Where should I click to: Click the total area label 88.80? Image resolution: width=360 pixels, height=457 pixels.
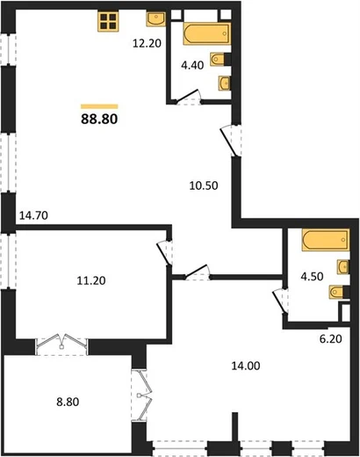pos(99,119)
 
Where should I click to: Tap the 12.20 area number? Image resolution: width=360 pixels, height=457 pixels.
pos(147,43)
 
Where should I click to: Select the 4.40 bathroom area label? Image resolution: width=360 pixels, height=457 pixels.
pos(192,65)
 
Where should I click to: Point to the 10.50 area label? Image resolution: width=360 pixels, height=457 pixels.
pos(204,185)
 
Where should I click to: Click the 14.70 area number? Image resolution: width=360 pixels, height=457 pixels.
pos(33,215)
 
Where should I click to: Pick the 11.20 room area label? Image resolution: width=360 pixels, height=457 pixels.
pos(91,280)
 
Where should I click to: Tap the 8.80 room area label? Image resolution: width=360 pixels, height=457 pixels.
pos(68,402)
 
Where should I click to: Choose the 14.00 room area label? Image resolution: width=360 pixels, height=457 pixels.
pos(246,366)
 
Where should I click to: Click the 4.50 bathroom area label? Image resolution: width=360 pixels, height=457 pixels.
pos(312,276)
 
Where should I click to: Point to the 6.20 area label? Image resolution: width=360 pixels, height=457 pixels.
pos(330,338)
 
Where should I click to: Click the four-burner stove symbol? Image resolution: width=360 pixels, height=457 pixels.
pos(108,21)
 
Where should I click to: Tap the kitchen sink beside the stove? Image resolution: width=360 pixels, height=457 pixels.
pos(155,19)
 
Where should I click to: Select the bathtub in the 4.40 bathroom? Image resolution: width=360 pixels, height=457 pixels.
pos(206,34)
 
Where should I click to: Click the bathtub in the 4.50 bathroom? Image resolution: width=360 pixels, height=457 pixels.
pos(326,240)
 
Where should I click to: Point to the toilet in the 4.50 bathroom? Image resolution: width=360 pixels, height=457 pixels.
pos(339,292)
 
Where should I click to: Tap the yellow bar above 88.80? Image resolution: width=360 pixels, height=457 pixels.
pos(99,106)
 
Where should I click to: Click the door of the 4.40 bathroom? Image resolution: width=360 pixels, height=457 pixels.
pos(188,96)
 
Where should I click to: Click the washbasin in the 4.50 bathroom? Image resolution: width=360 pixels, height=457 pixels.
pos(342,266)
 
